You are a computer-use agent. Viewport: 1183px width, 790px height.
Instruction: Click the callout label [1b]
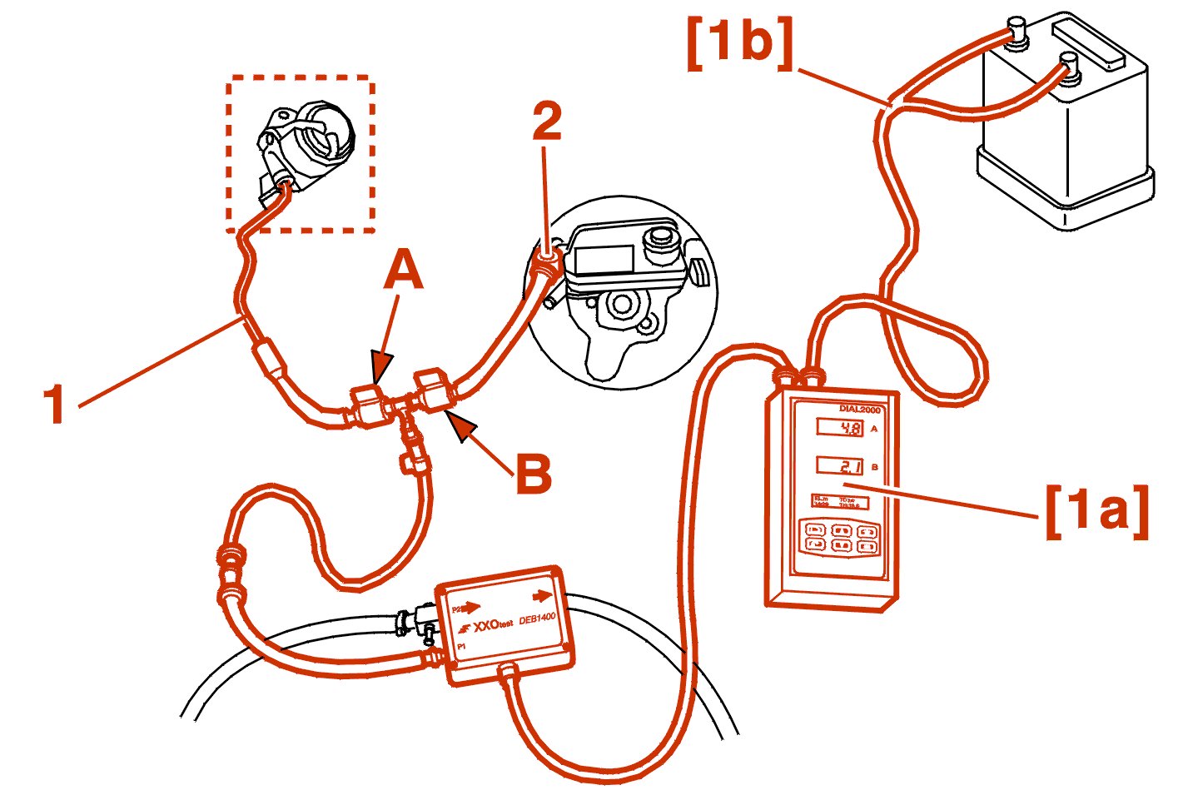(740, 42)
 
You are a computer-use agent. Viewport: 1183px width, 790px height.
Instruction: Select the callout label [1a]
(1097, 510)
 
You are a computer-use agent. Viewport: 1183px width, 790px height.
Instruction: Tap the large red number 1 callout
(55, 405)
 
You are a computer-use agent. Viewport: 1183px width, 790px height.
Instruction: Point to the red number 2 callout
(547, 122)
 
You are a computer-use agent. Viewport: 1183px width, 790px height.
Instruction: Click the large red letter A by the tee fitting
(404, 271)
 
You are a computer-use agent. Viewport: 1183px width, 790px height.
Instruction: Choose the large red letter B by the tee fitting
(534, 474)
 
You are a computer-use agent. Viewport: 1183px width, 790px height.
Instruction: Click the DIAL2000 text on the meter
(859, 410)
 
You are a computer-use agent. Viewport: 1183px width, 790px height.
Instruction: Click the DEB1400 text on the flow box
(537, 620)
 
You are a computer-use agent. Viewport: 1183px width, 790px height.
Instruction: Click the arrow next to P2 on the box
(471, 608)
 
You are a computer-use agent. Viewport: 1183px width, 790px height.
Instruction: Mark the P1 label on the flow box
(461, 646)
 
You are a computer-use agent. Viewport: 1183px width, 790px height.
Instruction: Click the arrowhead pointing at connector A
(381, 366)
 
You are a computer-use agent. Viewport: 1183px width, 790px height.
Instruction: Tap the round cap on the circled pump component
(660, 236)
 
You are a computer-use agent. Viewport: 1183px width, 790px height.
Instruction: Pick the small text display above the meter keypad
(840, 502)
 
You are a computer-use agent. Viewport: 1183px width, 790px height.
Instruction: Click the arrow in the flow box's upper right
(542, 596)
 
